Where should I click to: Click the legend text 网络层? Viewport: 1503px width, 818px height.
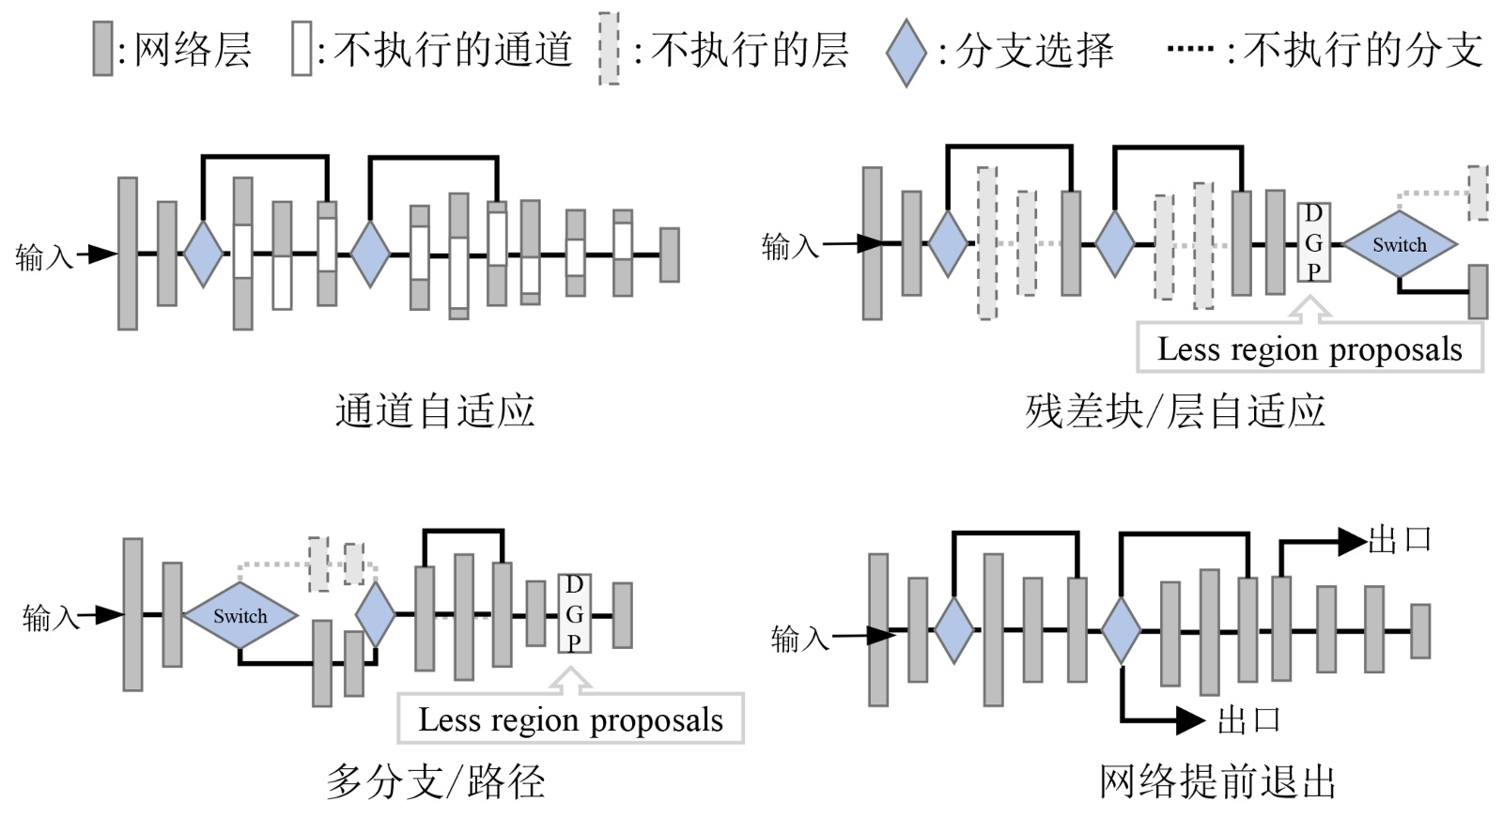[193, 50]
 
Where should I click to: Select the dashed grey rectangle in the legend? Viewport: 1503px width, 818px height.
[609, 50]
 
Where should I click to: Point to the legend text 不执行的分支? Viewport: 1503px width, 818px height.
[1363, 50]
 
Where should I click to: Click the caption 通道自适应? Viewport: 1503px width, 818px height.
[435, 411]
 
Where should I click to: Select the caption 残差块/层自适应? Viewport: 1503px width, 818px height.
[1174, 411]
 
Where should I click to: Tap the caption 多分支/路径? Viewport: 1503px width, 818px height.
[435, 781]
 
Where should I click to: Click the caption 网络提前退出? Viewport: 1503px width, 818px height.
[1217, 781]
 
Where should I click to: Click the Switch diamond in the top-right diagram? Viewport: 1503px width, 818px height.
[1399, 245]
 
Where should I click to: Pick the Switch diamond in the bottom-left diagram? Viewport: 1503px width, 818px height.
[240, 616]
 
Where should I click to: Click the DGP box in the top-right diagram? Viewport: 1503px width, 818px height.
[1313, 242]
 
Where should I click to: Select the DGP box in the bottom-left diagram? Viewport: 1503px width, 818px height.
[574, 613]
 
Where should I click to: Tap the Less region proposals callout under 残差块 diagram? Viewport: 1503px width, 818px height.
[1309, 348]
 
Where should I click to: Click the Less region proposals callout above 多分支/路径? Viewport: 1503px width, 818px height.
[570, 719]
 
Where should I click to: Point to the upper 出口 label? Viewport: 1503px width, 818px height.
[1400, 540]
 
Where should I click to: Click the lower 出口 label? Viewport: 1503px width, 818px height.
[1248, 720]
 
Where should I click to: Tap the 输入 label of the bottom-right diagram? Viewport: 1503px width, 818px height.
[799, 639]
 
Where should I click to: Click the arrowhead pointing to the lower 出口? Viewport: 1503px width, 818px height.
[1191, 720]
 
